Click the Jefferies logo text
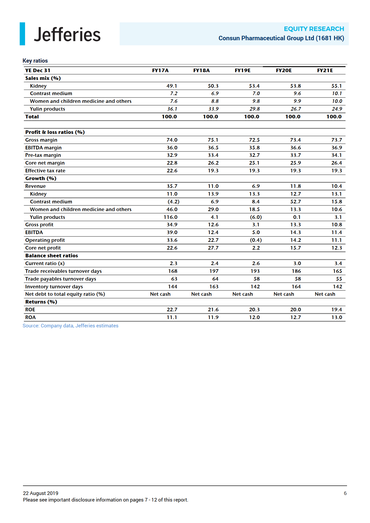[67, 35]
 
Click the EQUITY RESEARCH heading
[314, 29]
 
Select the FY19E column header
[242, 70]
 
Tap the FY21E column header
[325, 70]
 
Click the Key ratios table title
[35, 61]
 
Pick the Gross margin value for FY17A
[172, 140]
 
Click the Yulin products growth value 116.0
[170, 217]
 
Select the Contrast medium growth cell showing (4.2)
[173, 202]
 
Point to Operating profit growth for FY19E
[256, 240]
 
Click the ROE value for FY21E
[337, 310]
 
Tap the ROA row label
[30, 317]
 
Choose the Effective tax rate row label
[45, 171]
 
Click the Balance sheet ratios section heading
[51, 256]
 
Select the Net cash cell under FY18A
[201, 294]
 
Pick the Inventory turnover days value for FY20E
[296, 287]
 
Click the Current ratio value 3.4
[338, 263]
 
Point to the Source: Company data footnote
[70, 326]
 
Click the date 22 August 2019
[41, 493]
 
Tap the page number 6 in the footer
[345, 493]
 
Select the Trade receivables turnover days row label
[63, 271]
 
